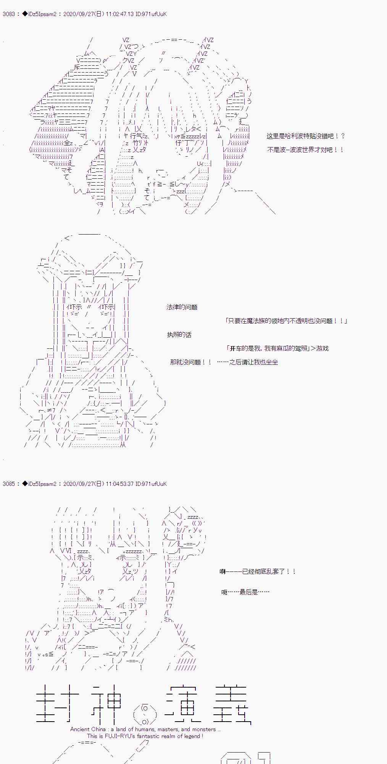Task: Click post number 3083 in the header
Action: (8, 14)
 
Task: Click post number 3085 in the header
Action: (8, 484)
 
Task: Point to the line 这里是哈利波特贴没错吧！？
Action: (306, 136)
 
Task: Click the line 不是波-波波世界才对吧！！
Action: (305, 150)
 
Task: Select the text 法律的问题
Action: (182, 307)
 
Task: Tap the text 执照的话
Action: (179, 335)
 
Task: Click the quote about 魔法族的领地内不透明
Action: (286, 321)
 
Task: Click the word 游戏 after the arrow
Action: (322, 348)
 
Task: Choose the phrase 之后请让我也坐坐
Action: (253, 362)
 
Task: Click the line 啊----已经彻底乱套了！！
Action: (258, 572)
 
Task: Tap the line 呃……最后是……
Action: (245, 592)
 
